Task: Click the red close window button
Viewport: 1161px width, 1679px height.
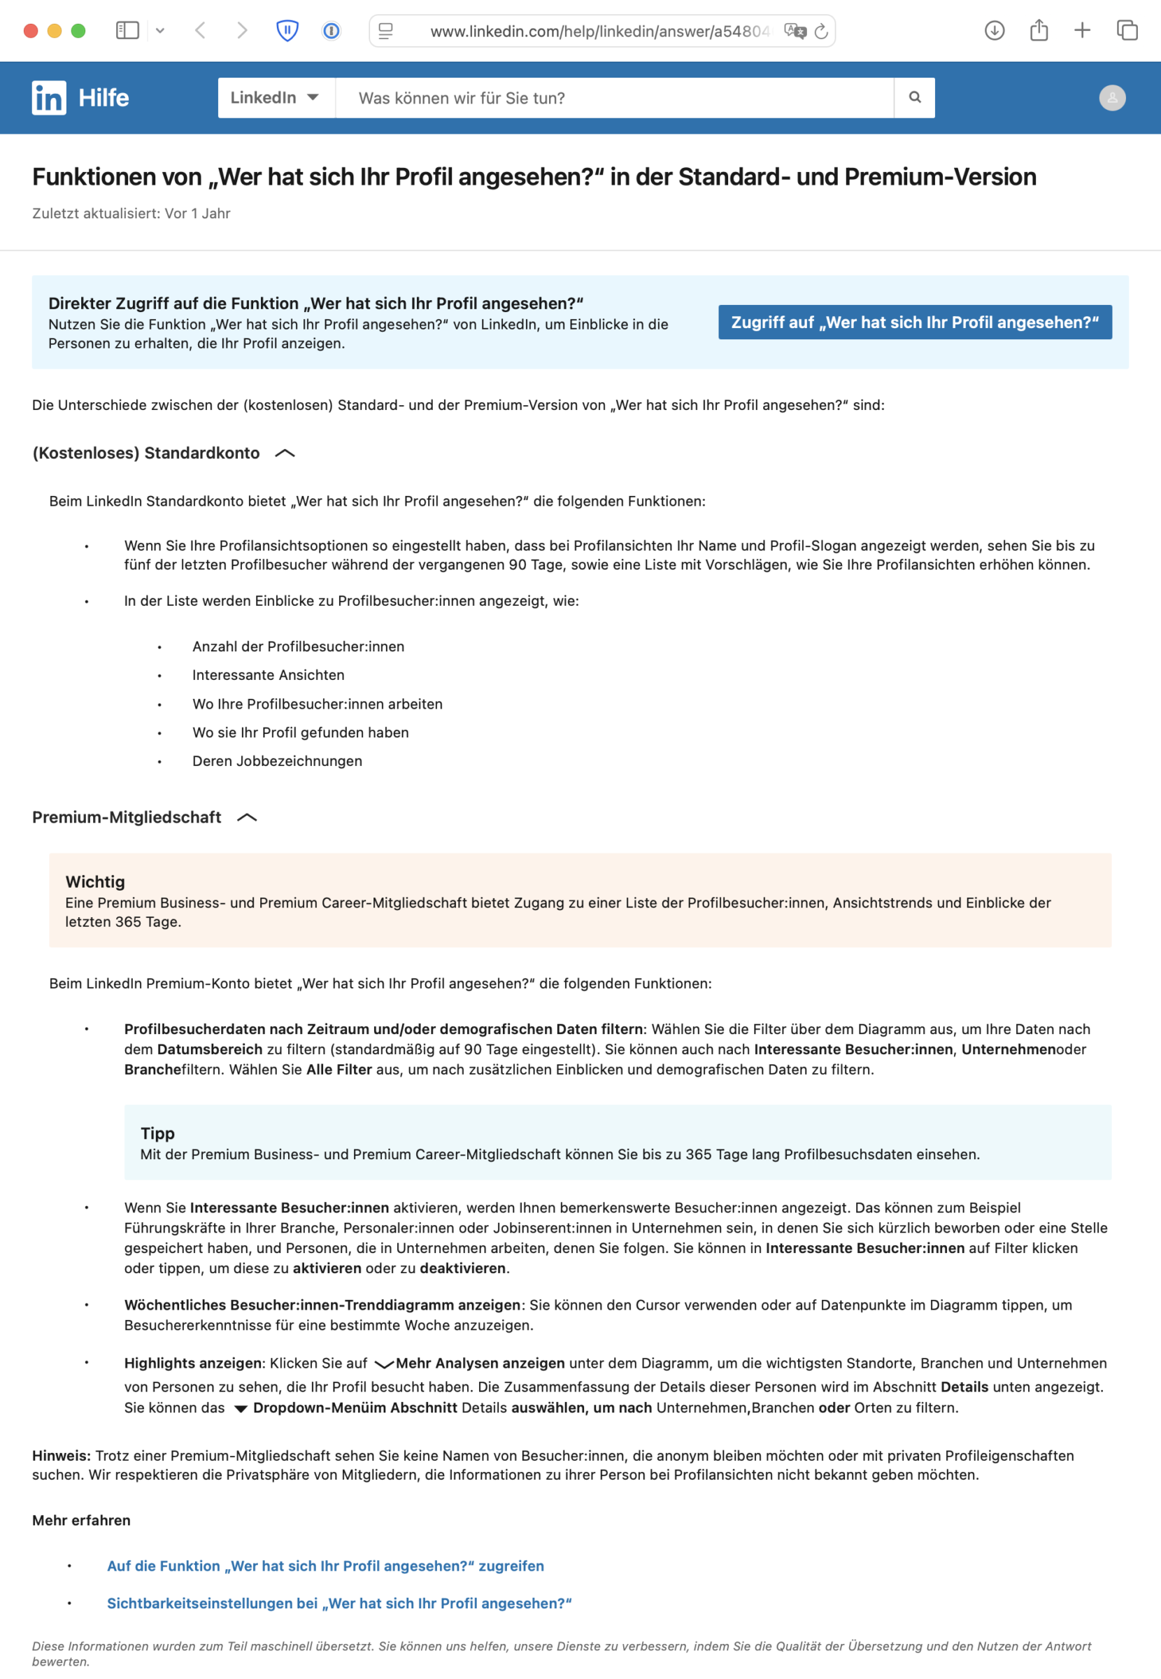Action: pos(31,31)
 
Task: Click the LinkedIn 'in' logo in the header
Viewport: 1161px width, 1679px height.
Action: pos(49,97)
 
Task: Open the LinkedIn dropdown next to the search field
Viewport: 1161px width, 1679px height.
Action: pos(276,97)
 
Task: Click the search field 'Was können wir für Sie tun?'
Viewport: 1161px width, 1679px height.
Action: pos(615,97)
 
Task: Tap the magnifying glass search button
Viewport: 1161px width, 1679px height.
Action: pos(914,97)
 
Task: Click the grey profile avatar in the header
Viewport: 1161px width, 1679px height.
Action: pos(1111,97)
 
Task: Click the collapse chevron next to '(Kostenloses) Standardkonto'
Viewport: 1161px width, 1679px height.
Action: pos(285,453)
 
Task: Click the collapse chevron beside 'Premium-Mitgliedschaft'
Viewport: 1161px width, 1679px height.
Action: pos(248,818)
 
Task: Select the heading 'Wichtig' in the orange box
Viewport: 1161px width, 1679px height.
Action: pos(95,881)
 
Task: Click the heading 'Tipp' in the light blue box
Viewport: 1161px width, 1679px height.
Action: pos(158,1133)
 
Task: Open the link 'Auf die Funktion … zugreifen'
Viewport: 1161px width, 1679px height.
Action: pos(325,1566)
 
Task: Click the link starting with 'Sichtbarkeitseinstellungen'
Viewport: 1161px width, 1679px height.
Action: pos(339,1603)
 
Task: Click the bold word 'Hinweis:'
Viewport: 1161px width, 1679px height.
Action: pos(61,1455)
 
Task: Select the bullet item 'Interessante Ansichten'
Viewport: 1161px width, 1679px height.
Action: pos(269,675)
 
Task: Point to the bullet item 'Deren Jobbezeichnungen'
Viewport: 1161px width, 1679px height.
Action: pos(277,761)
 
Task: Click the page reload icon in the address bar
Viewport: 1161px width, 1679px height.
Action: pos(821,31)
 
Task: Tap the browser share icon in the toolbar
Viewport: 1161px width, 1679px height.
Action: pos(1039,31)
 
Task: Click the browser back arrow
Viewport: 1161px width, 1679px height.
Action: pos(201,31)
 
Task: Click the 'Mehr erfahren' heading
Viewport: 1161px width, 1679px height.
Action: pos(81,1520)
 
